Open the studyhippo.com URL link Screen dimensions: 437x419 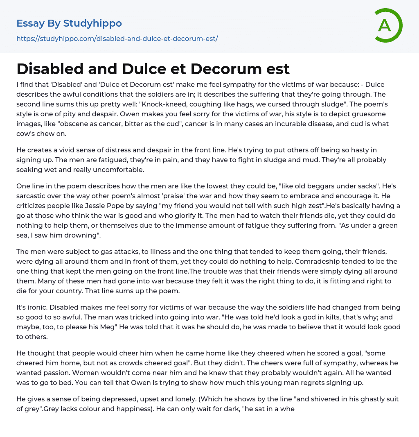[x=117, y=38]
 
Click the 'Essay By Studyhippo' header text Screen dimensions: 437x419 [x=69, y=23]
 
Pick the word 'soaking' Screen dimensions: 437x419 [x=30, y=170]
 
